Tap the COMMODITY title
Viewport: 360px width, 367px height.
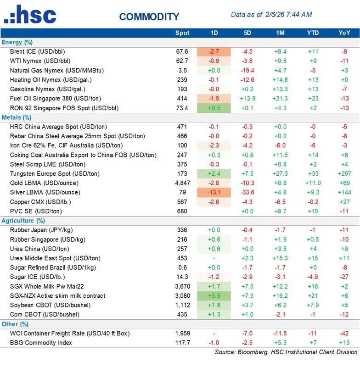149,17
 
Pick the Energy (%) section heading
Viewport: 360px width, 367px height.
17,42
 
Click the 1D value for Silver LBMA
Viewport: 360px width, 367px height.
214,192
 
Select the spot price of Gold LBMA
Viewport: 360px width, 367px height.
180,183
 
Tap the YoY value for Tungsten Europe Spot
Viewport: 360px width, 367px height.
344,173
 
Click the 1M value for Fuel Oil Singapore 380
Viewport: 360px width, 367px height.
281,98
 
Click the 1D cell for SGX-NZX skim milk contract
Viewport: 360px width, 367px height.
214,295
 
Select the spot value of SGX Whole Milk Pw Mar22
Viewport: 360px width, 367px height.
180,286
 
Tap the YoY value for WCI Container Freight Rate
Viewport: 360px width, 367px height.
344,333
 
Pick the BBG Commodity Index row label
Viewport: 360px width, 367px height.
41,342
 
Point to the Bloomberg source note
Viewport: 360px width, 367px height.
286,352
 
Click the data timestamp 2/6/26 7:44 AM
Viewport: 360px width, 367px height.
288,15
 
